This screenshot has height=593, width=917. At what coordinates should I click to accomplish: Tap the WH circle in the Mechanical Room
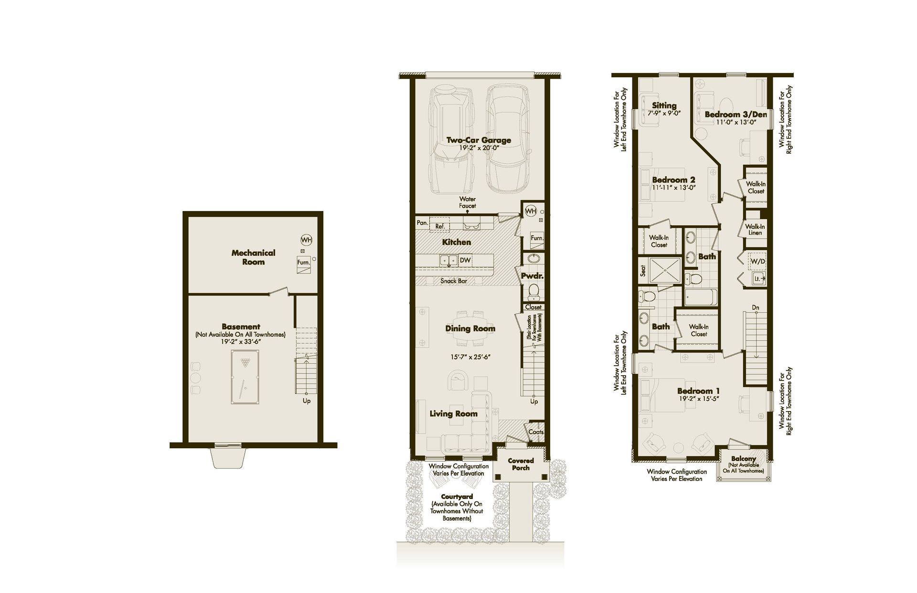[x=306, y=240]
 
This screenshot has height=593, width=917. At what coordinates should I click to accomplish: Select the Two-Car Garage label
[x=479, y=140]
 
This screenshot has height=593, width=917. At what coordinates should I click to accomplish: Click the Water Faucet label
[x=468, y=202]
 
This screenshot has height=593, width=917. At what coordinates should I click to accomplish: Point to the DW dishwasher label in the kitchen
[x=465, y=260]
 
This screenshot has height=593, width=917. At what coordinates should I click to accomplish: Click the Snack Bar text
[x=454, y=281]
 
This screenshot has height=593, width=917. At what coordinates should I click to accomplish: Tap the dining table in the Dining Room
[x=470, y=328]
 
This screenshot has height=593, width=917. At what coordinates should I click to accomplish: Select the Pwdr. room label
[x=532, y=276]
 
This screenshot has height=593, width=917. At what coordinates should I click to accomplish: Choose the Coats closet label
[x=536, y=432]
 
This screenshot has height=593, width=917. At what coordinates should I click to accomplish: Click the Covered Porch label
[x=521, y=464]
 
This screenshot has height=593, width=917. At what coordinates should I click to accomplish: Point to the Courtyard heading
[x=457, y=497]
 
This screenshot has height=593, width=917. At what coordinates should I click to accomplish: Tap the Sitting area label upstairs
[x=664, y=106]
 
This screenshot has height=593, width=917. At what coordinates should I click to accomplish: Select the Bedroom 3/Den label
[x=736, y=115]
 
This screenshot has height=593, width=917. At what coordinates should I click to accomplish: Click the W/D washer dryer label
[x=757, y=262]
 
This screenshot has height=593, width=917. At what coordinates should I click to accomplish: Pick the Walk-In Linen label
[x=755, y=230]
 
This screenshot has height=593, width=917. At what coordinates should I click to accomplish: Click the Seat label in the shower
[x=643, y=271]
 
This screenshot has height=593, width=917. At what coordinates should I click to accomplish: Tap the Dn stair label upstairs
[x=756, y=307]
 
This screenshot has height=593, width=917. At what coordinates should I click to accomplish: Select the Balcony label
[x=743, y=458]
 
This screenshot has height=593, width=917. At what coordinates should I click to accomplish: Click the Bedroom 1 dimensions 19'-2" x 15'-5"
[x=698, y=399]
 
